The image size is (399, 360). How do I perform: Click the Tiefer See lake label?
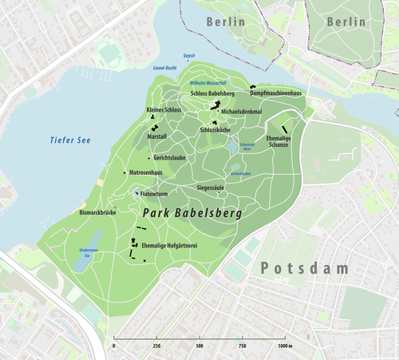[x=70, y=140]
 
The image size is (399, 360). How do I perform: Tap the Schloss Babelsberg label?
[x=212, y=94]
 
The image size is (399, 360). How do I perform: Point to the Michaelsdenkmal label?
[x=242, y=112]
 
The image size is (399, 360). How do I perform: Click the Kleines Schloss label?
[x=164, y=109]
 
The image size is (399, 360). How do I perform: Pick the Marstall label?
[x=157, y=136]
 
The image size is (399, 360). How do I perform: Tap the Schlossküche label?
[x=215, y=129]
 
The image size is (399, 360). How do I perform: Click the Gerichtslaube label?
[x=170, y=157]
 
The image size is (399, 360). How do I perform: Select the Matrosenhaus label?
[x=146, y=172]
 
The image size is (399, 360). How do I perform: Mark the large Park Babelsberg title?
[x=193, y=214]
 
